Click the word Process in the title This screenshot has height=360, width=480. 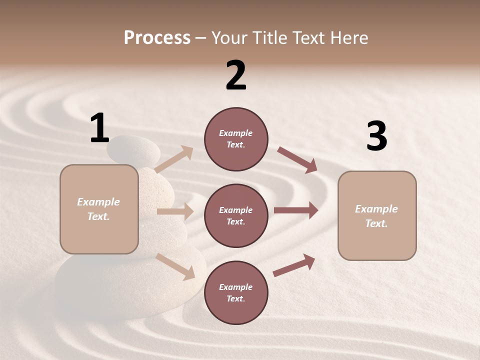pos(157,37)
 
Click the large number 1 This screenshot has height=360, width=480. pos(99,128)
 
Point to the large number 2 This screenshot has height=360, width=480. pos(236,76)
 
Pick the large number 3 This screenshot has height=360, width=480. pos(376,136)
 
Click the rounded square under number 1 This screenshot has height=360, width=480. pos(99,209)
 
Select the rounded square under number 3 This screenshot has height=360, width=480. pos(377,215)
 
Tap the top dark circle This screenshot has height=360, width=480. pos(236,139)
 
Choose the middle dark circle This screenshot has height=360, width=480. pos(236,215)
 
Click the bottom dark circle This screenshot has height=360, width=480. pos(236,292)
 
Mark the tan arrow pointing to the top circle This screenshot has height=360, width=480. pos(174,159)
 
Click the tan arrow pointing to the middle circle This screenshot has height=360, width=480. pos(175,211)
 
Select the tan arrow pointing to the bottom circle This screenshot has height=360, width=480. pos(175,266)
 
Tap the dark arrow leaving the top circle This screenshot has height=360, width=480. pos(297,159)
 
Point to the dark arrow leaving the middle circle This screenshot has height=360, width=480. pos(296,210)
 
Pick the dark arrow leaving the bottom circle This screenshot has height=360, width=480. pos(294,265)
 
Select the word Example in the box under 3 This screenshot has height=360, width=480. pos(376,209)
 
